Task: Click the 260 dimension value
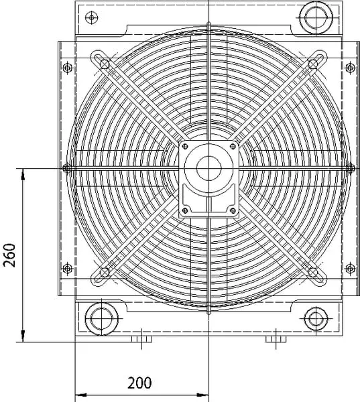tap(9, 255)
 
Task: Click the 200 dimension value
tap(139, 383)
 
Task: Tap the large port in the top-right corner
tap(316, 17)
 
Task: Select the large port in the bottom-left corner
tap(102, 319)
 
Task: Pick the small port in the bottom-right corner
tap(316, 319)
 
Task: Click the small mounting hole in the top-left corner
tap(91, 17)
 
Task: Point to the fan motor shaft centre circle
tap(209, 168)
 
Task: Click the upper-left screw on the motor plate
tap(185, 146)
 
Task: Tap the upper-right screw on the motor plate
tap(233, 146)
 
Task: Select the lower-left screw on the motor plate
tap(185, 211)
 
